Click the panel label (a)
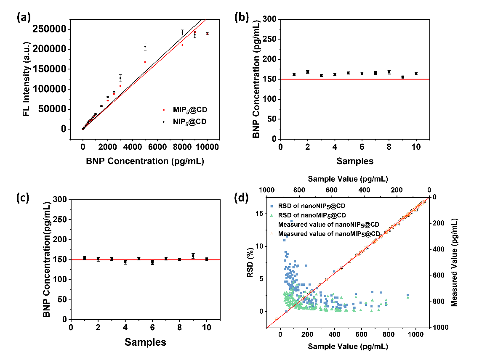24,18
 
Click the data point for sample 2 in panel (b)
307,72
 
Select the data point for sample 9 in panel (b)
403,77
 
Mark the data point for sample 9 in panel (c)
193,256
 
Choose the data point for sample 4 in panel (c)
125,262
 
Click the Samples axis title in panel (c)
145,342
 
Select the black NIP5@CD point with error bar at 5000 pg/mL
145,47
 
